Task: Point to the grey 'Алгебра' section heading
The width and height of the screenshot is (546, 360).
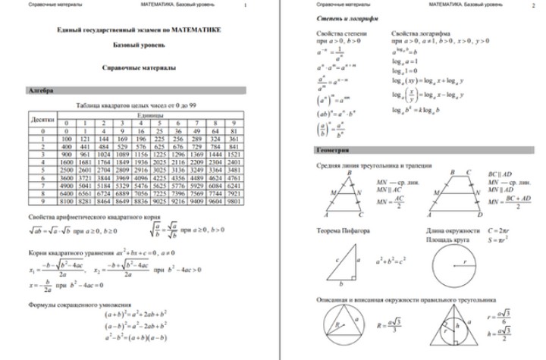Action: point(42,90)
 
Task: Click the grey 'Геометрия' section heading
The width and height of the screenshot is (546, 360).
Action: point(334,150)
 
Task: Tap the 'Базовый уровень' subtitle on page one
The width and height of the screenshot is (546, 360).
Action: point(140,46)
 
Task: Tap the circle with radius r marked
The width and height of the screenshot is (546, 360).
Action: point(456,265)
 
